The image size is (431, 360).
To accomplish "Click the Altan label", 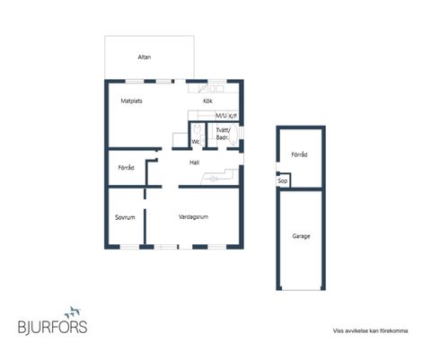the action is point(145,57).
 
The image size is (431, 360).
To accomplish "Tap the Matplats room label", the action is point(131,101).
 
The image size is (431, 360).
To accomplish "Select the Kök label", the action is point(207,101).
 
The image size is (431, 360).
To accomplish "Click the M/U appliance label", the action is point(221,116).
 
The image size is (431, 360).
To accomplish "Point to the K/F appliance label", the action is point(233,116).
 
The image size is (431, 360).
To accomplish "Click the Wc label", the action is point(196,142).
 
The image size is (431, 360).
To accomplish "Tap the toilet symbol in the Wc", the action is point(197,129).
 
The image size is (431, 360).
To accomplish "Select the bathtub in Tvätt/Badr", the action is point(233,136).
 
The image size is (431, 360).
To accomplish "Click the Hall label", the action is point(195,162).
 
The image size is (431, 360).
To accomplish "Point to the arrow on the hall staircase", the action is point(213,179).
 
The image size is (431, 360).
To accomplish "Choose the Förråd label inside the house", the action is point(126,168).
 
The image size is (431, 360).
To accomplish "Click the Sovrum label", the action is point(125,217).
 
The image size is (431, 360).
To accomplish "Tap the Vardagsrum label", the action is point(193,216).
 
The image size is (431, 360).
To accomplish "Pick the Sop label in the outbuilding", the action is point(283,180).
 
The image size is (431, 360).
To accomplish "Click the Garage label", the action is point(301,236).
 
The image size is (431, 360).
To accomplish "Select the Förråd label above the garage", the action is point(299,154).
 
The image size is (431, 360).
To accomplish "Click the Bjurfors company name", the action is point(53,327).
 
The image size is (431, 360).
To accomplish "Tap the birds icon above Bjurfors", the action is point(73,312).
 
